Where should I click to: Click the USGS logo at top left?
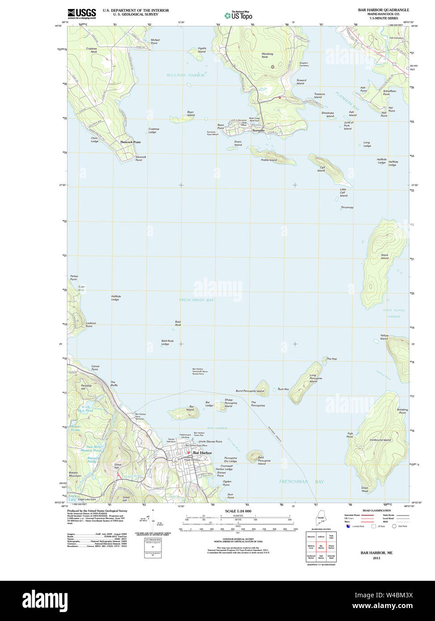click(x=81, y=14)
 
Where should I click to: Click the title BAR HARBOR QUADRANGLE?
click(x=383, y=10)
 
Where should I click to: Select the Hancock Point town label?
click(x=130, y=142)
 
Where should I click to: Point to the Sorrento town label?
click(x=258, y=130)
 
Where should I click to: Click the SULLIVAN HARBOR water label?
click(x=186, y=75)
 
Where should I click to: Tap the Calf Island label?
click(x=321, y=169)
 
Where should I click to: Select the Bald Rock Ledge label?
click(x=167, y=342)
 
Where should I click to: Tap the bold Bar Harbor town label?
click(x=202, y=453)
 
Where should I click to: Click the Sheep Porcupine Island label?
click(x=228, y=403)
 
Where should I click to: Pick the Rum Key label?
click(x=283, y=389)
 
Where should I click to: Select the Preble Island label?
click(x=269, y=160)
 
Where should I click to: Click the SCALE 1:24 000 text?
click(x=238, y=511)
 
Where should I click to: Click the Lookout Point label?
click(x=91, y=324)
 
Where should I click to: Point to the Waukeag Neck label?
click(x=267, y=55)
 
